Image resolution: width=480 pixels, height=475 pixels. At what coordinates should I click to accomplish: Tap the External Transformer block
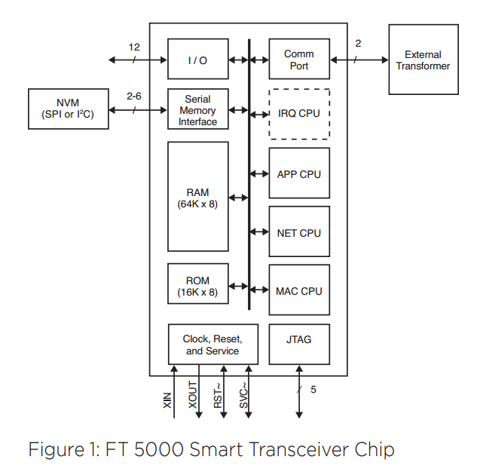click(x=423, y=60)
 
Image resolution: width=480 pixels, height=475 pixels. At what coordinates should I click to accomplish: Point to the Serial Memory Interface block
click(x=197, y=110)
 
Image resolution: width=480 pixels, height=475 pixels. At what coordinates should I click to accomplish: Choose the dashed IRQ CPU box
click(x=298, y=114)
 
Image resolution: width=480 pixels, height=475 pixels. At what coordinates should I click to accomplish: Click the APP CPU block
click(x=298, y=174)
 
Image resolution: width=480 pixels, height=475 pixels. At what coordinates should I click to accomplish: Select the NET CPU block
click(x=298, y=232)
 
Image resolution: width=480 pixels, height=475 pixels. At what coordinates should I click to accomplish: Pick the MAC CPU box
click(x=298, y=290)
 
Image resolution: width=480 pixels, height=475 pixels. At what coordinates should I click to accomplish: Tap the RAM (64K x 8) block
click(x=197, y=197)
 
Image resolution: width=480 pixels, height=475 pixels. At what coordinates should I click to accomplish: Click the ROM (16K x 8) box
click(x=197, y=286)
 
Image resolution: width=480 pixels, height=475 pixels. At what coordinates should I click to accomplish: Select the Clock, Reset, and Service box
click(x=212, y=345)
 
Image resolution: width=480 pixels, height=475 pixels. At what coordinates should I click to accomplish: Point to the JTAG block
click(x=298, y=340)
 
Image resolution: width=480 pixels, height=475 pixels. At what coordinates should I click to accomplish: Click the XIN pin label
click(x=167, y=400)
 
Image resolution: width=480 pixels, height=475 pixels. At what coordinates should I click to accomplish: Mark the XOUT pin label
click(x=193, y=396)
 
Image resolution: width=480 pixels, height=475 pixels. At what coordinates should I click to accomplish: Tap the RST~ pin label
click(x=218, y=396)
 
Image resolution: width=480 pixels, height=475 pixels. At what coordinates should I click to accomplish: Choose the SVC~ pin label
click(x=243, y=396)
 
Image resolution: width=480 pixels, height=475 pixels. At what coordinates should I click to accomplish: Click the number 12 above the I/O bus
click(x=134, y=47)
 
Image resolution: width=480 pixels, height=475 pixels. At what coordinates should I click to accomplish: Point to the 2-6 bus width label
click(x=134, y=97)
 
